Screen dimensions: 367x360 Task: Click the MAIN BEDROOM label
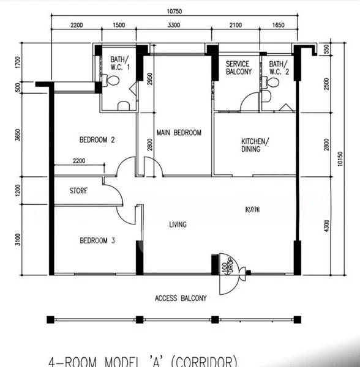[x=179, y=133]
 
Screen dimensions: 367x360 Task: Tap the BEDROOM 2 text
[x=98, y=140]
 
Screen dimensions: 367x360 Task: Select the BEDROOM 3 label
[x=98, y=240]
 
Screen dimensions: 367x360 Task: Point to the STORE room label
[x=78, y=191]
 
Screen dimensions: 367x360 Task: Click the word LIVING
[x=178, y=224]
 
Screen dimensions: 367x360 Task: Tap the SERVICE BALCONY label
[x=239, y=68]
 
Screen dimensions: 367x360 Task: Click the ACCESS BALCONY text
[x=181, y=298]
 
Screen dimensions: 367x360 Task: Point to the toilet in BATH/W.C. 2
[x=266, y=96]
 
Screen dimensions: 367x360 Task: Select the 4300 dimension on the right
[x=326, y=224]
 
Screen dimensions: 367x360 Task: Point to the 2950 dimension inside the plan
[x=150, y=80]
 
